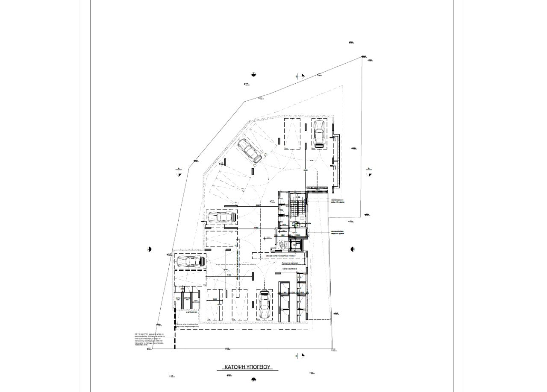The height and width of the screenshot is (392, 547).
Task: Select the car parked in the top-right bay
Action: point(318,134)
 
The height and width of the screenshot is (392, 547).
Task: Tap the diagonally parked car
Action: point(250,150)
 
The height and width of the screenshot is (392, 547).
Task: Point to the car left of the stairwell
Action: point(221,217)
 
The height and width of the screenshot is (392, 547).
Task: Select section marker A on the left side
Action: point(179,172)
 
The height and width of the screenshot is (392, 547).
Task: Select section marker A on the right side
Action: point(370,172)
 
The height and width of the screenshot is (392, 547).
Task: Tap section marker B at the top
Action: point(300,76)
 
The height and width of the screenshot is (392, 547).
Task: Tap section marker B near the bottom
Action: point(300,355)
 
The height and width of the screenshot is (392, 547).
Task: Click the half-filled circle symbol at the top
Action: point(253,75)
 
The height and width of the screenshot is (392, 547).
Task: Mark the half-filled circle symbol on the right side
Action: point(353,249)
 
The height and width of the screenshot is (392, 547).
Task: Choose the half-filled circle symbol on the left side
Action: point(149,249)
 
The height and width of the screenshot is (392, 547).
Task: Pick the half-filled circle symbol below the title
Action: point(253,379)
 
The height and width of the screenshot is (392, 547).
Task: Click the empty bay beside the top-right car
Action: point(292,134)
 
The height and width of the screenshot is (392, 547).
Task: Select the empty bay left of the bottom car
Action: point(239,304)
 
